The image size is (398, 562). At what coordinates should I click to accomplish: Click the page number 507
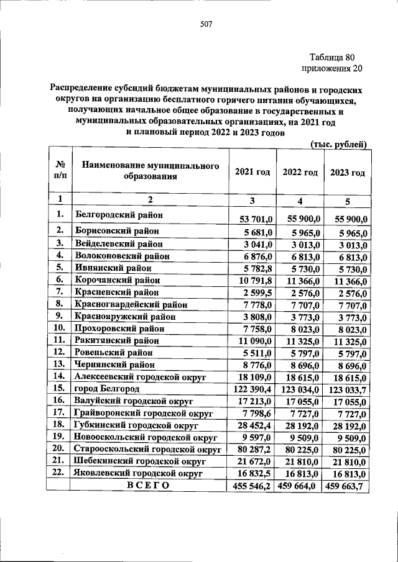point(206,25)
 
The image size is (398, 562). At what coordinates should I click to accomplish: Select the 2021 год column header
point(252,172)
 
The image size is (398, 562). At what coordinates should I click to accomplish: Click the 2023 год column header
point(347,173)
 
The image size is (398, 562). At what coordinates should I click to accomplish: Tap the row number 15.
point(60,388)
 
